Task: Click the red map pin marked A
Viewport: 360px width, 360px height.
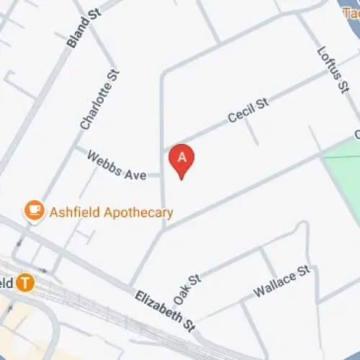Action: (x=182, y=159)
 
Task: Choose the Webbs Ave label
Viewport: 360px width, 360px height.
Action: (x=117, y=166)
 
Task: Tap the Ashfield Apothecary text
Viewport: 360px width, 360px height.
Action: (x=111, y=212)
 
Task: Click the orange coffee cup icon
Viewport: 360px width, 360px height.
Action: (x=33, y=210)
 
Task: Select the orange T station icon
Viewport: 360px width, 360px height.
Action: (x=26, y=282)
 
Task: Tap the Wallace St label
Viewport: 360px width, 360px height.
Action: (x=281, y=282)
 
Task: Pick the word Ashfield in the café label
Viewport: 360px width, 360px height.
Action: (x=73, y=212)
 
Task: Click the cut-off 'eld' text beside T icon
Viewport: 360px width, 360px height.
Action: (x=6, y=282)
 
